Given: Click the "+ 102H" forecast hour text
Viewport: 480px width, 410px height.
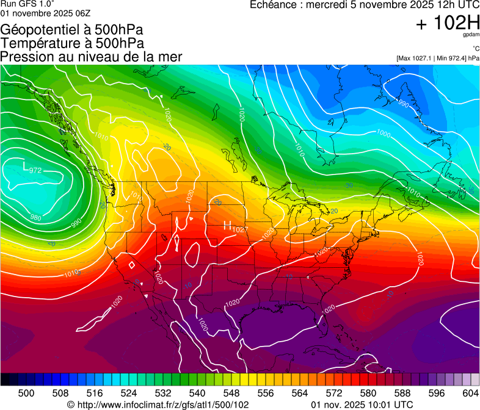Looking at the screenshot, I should tap(448, 24).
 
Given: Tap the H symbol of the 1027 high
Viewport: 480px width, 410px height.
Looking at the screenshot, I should tap(227, 226).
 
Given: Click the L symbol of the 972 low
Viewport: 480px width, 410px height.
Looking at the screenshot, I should tap(25, 166).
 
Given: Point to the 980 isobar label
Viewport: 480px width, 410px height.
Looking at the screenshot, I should tap(36, 217).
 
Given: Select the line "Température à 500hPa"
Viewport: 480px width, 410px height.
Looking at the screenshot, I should tap(72, 43).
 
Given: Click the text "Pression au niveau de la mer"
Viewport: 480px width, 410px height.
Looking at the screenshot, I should tap(92, 57).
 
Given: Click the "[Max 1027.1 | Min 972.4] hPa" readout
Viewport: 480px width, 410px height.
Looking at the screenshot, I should tap(437, 58).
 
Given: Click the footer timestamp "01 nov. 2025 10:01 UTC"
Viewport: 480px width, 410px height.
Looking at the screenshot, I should tap(362, 405).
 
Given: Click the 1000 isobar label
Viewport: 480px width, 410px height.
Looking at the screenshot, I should tap(384, 134).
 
